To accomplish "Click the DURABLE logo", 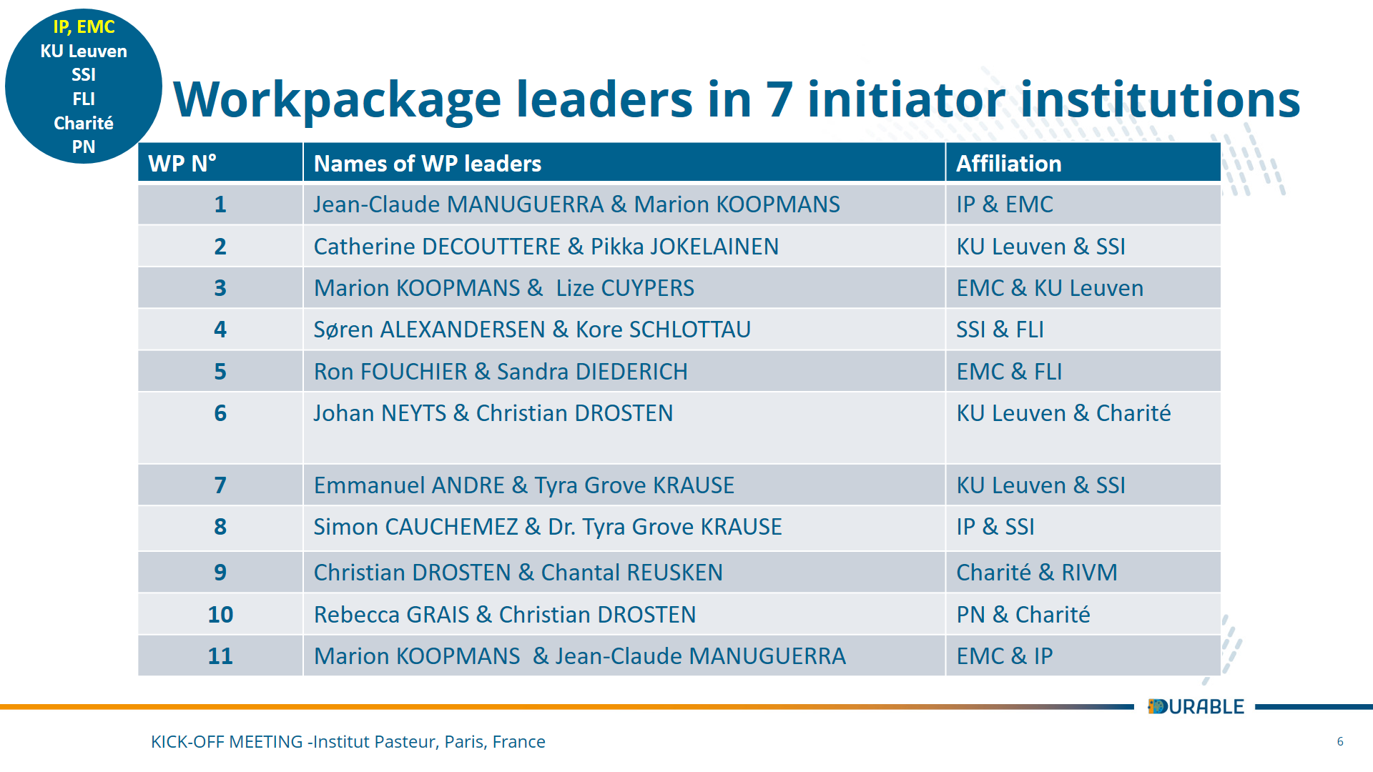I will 1196,706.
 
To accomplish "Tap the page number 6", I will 1340,741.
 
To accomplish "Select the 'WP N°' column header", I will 182,164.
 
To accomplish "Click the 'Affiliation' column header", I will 1008,164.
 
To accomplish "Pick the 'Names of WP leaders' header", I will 427,164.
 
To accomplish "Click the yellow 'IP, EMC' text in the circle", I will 84,27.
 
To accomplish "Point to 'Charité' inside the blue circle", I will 84,123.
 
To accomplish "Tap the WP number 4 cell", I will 220,330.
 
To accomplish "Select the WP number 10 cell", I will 220,614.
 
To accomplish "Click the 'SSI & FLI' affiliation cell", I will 1000,330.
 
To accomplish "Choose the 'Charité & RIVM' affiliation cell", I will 1036,573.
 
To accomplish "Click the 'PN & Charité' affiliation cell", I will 1023,614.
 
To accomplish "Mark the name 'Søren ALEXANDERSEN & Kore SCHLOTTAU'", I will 532,330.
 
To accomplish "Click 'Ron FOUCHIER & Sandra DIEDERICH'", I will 501,372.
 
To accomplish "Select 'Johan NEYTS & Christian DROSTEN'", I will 493,413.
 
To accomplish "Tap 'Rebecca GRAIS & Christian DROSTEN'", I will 504,614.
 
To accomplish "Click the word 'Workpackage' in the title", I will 337,99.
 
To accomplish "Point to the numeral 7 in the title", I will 779,99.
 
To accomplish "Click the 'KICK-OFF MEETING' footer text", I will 226,742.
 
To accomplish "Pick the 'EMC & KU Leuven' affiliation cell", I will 1050,288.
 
